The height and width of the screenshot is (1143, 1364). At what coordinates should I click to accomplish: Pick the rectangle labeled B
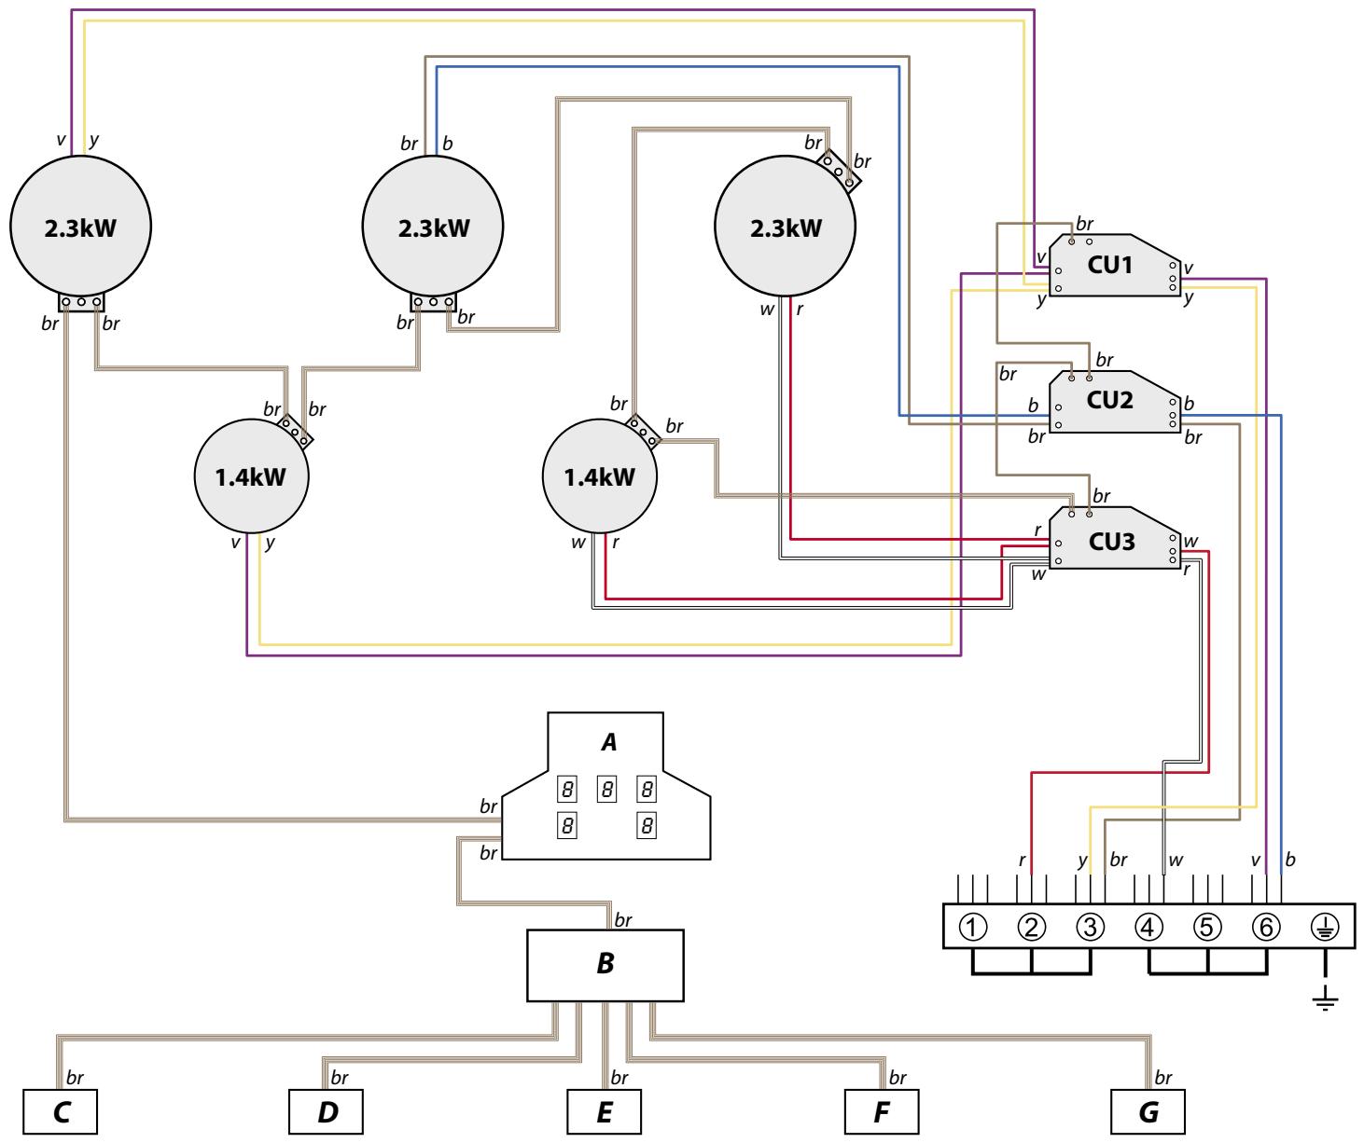click(605, 964)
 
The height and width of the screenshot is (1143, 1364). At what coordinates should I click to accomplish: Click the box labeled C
click(61, 1112)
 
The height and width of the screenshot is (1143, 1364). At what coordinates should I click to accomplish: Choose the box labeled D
click(327, 1112)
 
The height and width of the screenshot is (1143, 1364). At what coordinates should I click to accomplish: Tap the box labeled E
click(605, 1112)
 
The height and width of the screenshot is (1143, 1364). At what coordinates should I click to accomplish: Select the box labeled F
click(882, 1112)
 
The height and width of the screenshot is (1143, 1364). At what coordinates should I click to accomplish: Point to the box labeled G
click(1148, 1112)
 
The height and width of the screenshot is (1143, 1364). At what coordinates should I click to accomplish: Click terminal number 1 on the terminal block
click(972, 927)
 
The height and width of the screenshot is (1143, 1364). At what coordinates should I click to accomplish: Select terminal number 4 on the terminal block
click(1148, 927)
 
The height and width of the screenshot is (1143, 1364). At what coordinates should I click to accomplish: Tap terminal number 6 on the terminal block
click(1265, 927)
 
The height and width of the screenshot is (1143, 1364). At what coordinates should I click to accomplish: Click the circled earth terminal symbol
click(1325, 927)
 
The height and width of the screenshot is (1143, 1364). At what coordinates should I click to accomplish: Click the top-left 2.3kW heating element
click(80, 227)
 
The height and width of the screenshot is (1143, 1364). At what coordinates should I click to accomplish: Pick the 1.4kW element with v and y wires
click(251, 477)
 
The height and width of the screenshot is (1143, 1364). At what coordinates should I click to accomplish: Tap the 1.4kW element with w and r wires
click(600, 477)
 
